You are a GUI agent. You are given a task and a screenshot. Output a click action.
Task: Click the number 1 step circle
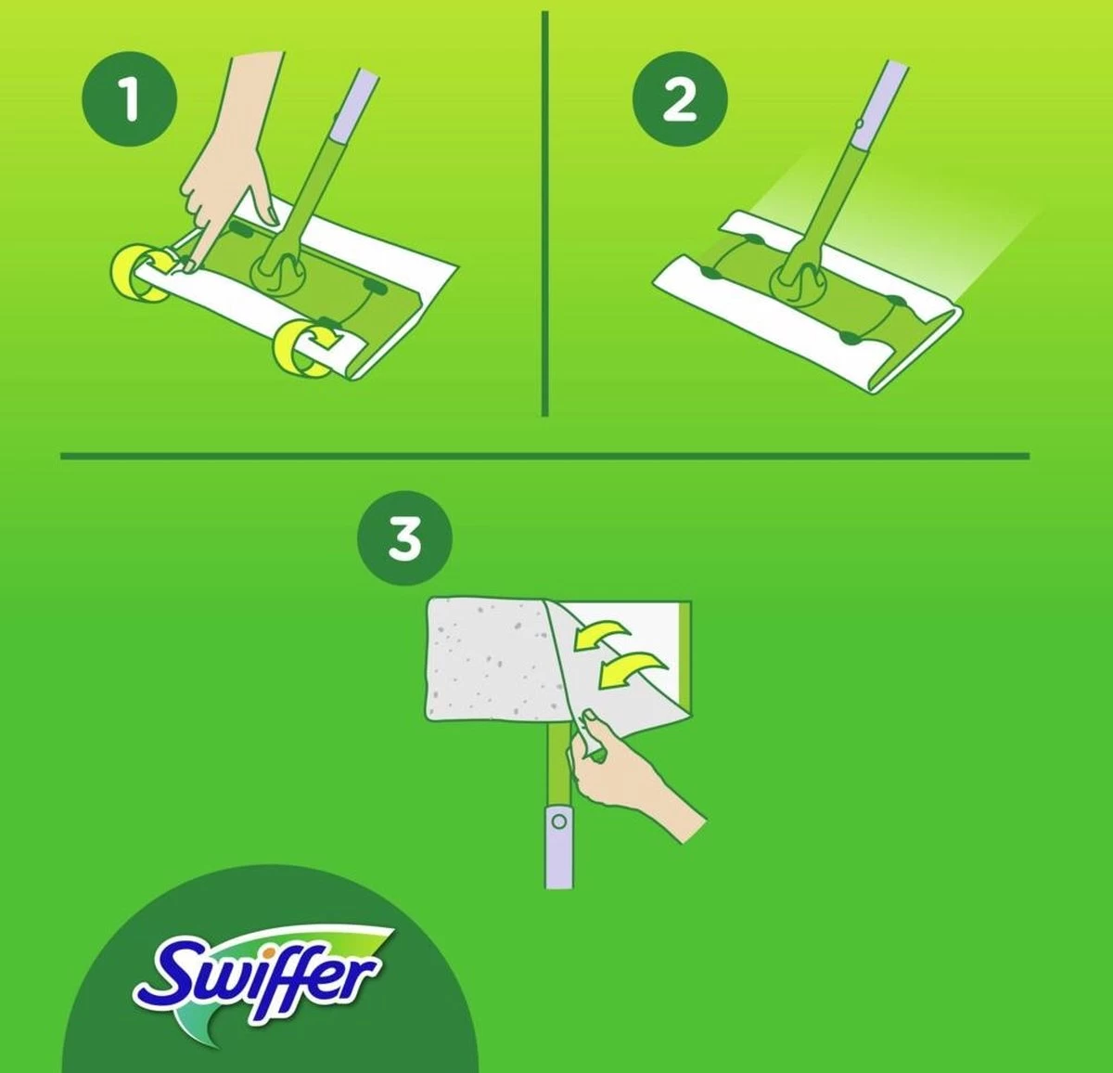[x=130, y=98]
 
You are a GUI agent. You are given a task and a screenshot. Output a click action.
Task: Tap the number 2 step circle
[x=679, y=98]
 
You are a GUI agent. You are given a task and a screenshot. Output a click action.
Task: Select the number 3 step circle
[x=404, y=537]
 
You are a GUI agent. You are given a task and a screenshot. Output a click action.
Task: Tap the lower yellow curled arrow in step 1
[x=306, y=348]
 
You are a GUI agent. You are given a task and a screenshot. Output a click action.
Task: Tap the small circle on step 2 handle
[x=860, y=123]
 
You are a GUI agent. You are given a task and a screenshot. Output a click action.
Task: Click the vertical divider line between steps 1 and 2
[x=544, y=213]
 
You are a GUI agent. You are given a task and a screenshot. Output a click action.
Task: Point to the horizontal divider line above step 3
[x=544, y=456]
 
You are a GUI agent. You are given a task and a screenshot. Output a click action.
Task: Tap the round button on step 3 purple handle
[x=558, y=821]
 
